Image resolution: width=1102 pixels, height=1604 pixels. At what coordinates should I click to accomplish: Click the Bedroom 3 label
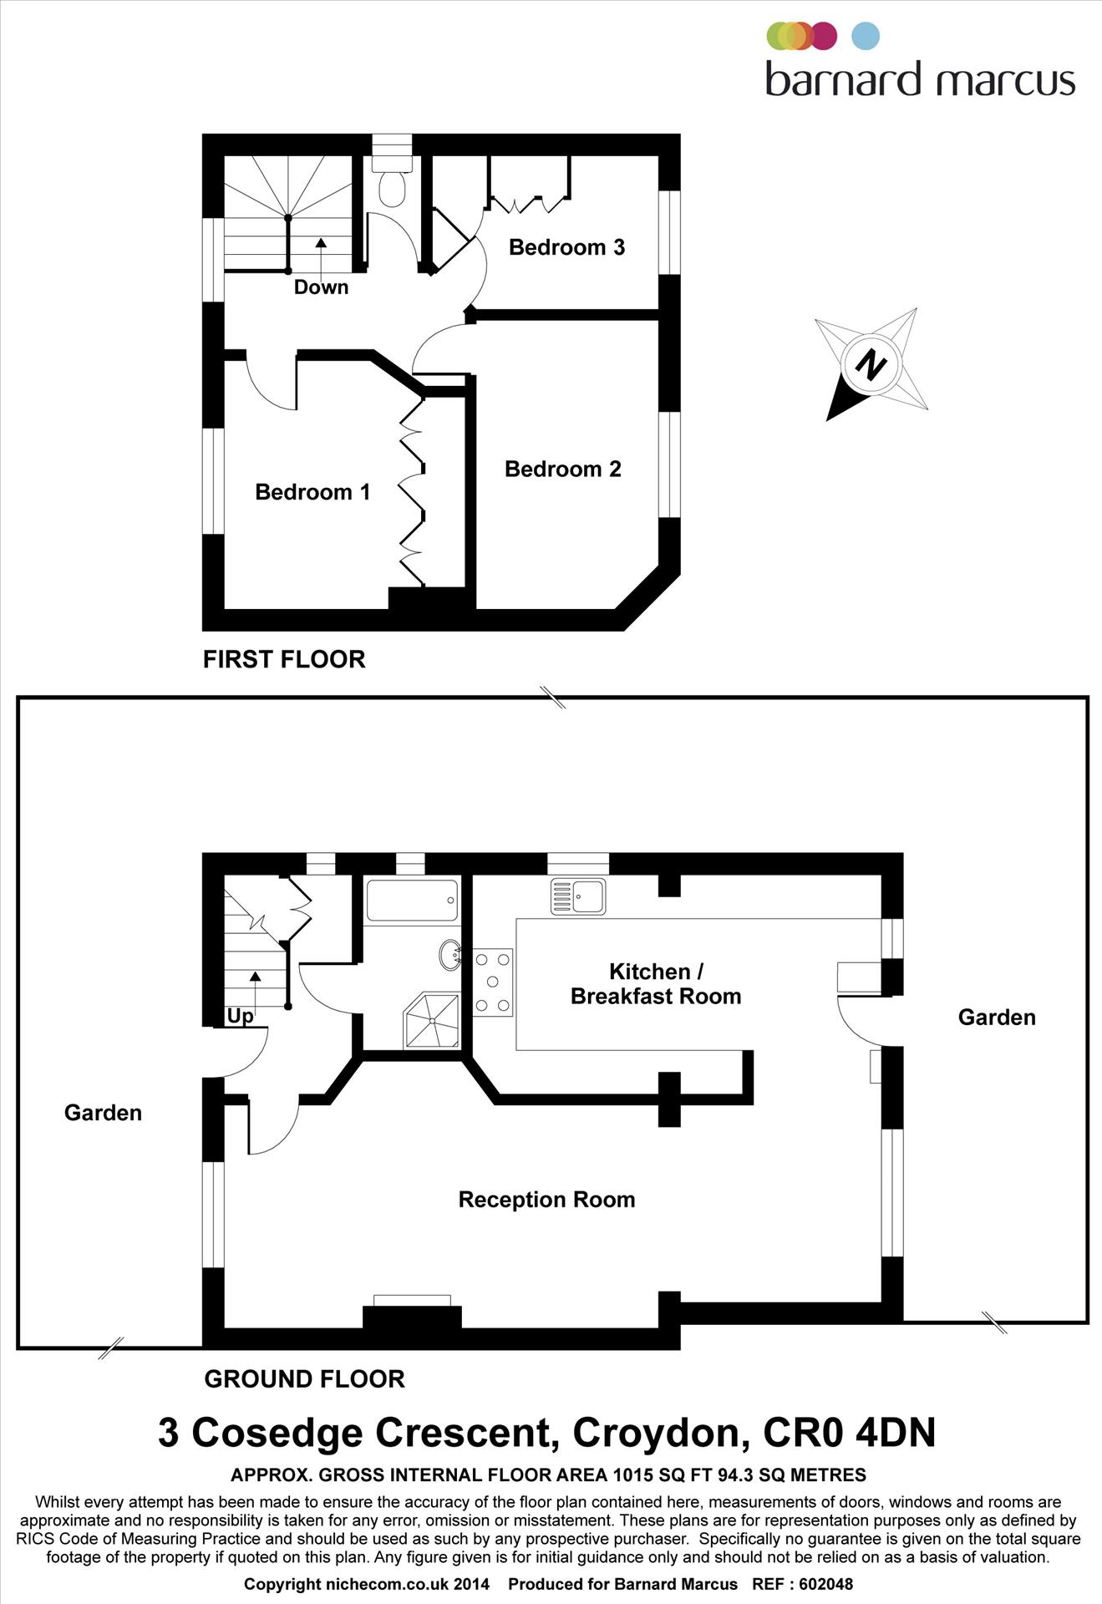tap(566, 247)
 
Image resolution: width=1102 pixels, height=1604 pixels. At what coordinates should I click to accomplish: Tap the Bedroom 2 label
tap(562, 470)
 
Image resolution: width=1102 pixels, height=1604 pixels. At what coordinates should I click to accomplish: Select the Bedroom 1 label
tap(312, 492)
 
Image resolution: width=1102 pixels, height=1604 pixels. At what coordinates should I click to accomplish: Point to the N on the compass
tap(871, 365)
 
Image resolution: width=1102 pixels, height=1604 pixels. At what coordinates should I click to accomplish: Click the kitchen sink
tap(577, 896)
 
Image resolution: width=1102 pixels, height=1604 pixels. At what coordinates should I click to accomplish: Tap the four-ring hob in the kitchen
tap(492, 982)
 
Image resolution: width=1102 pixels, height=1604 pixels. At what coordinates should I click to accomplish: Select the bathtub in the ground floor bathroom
tap(412, 901)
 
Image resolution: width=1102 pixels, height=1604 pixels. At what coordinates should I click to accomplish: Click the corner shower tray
tap(433, 1020)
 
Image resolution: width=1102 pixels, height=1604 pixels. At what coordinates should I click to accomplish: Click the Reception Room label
tap(546, 1200)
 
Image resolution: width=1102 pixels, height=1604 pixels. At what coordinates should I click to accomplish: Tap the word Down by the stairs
tap(321, 287)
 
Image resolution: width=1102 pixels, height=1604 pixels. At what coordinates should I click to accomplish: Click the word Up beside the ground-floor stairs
tap(240, 1016)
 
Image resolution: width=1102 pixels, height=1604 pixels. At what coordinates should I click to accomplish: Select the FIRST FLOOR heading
tap(284, 659)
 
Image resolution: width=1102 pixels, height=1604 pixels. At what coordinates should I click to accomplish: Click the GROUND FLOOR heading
tap(304, 1379)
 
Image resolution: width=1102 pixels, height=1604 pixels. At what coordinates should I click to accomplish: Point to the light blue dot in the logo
tap(866, 36)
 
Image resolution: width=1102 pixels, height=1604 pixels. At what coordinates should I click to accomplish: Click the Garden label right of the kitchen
tap(996, 1018)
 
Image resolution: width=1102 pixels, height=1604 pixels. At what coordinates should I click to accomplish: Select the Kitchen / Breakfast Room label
tap(656, 984)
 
